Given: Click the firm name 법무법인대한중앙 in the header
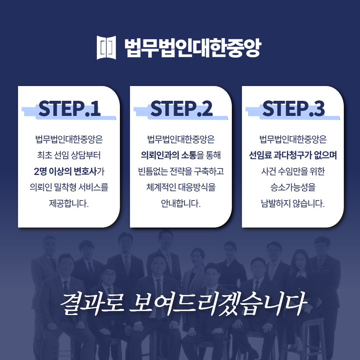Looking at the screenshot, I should tap(192, 48).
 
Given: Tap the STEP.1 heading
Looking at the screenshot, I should tap(69, 109).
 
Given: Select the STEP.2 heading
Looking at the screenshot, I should tap(181, 109).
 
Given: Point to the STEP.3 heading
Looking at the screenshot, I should tap(293, 109).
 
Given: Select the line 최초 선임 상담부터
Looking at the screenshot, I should tap(69, 156).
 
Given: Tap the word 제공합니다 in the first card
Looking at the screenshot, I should tap(68, 203).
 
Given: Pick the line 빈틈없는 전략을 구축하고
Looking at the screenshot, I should tap(181, 171).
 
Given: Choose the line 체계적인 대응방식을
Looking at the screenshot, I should tap(181, 188).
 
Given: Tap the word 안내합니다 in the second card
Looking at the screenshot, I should tap(181, 203).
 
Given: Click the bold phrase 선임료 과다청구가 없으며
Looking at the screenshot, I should tap(293, 156).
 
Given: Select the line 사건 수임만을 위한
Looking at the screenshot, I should tap(293, 171).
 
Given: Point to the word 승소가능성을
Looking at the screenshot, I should tap(293, 188).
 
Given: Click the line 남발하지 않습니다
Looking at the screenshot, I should tap(293, 203).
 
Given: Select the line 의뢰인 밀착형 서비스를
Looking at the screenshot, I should tap(69, 188).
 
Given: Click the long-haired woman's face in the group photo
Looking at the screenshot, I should tap(300, 259).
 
